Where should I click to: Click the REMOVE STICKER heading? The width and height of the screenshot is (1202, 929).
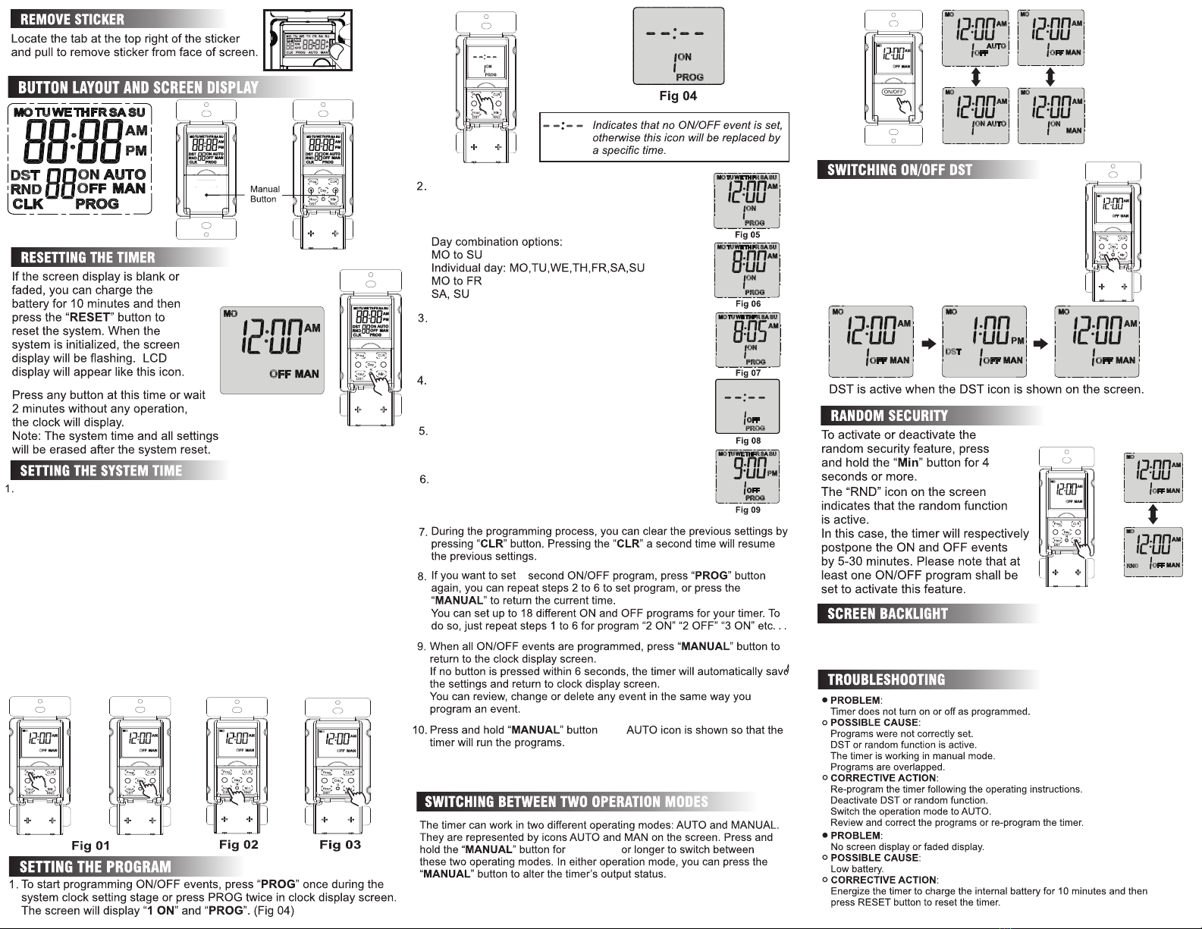click(73, 19)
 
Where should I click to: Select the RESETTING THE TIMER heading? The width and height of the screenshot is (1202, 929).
click(88, 257)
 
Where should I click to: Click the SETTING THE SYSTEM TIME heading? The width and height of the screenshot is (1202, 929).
click(101, 470)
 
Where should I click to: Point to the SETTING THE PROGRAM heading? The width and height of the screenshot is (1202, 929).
click(96, 867)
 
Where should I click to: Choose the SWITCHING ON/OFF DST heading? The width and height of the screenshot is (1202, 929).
click(899, 170)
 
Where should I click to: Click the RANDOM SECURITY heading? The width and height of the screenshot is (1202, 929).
click(889, 416)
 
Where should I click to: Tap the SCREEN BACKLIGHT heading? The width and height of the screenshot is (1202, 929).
click(887, 614)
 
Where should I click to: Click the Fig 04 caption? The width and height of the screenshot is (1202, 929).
click(678, 96)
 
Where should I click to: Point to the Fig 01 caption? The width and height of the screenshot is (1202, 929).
click(90, 846)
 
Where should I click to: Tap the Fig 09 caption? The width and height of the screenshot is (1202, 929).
click(748, 510)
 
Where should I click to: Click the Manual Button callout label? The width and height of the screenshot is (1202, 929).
click(265, 194)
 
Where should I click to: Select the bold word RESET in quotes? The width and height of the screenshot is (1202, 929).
click(90, 317)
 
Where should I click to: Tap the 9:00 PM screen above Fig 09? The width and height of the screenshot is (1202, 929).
click(748, 476)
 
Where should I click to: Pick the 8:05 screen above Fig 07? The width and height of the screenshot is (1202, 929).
click(748, 340)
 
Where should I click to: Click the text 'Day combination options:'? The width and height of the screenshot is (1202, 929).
click(497, 242)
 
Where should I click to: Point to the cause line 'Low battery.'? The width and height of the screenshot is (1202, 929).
click(857, 869)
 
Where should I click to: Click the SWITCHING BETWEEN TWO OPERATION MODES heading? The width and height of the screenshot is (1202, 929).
click(566, 802)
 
